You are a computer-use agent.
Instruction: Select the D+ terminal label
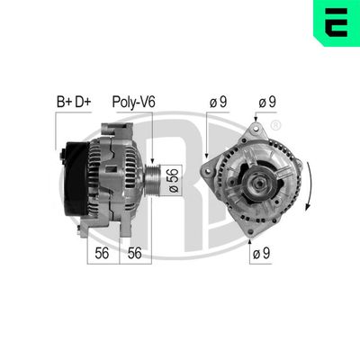83,104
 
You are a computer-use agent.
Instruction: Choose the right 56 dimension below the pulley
135,255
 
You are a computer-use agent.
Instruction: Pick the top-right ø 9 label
268,104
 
